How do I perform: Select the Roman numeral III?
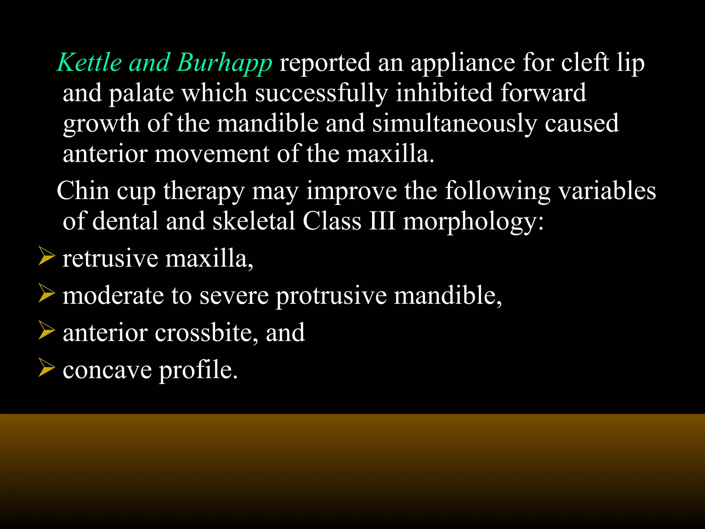coord(382,221)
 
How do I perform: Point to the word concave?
coord(107,370)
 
